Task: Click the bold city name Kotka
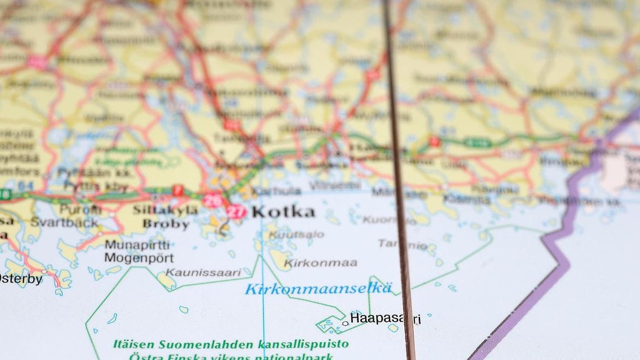coord(283,212)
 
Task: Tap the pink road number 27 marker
coord(236,211)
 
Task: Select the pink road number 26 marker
coord(212,201)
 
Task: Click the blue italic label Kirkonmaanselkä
coord(319,289)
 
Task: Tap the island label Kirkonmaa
coord(321,262)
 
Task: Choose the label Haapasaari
coord(385,319)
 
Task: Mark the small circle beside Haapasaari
coord(345,323)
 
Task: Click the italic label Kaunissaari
coord(203,272)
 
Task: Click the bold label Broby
coord(165,223)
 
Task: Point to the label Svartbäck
coord(64,222)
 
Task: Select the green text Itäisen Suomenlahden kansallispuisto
coord(231,344)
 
